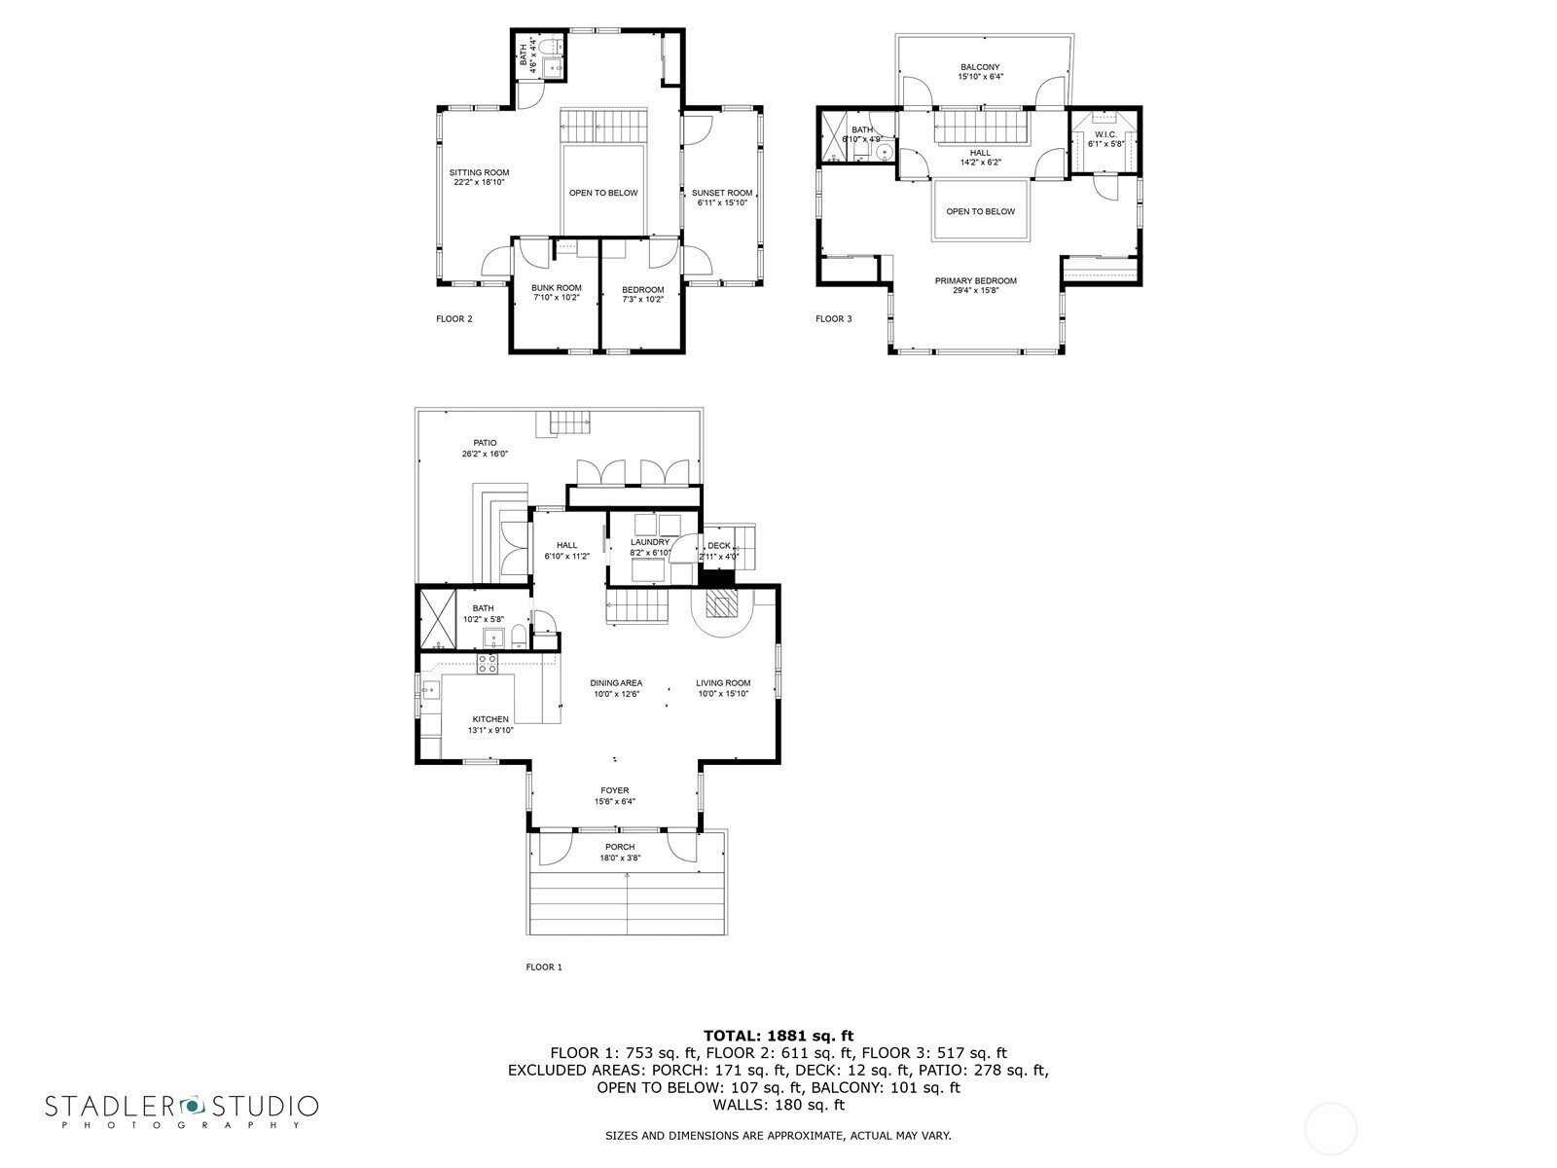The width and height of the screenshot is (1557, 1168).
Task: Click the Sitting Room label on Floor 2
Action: pyautogui.click(x=480, y=173)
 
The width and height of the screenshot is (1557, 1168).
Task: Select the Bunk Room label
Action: pyautogui.click(x=556, y=288)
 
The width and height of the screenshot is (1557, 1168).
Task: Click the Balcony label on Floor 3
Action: pyautogui.click(x=979, y=67)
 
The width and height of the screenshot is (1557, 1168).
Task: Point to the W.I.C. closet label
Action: pyautogui.click(x=1104, y=134)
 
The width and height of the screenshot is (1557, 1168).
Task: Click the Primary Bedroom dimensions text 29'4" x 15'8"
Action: pyautogui.click(x=975, y=290)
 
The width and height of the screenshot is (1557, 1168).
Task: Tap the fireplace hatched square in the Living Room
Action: pyautogui.click(x=719, y=606)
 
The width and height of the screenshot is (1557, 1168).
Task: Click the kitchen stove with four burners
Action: pyautogui.click(x=488, y=664)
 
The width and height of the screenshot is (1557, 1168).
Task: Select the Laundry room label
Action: pyautogui.click(x=649, y=542)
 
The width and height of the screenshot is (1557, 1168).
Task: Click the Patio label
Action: pyautogui.click(x=485, y=443)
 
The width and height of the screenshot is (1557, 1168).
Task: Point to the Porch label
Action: pyautogui.click(x=619, y=847)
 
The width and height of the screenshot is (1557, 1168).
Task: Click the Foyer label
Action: pyautogui.click(x=614, y=790)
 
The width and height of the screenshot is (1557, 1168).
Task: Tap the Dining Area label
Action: pyautogui.click(x=615, y=683)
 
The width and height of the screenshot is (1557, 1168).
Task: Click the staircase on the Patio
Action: pyautogui.click(x=570, y=422)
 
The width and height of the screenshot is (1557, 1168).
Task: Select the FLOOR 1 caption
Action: pyautogui.click(x=544, y=967)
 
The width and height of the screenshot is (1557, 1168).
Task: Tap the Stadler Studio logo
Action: pyautogui.click(x=181, y=1110)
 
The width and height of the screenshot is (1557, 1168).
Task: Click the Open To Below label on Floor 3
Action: pyautogui.click(x=980, y=211)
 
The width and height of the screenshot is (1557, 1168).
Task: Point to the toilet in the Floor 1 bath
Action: pyautogui.click(x=519, y=639)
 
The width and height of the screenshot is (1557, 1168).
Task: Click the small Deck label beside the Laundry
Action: pyautogui.click(x=719, y=546)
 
